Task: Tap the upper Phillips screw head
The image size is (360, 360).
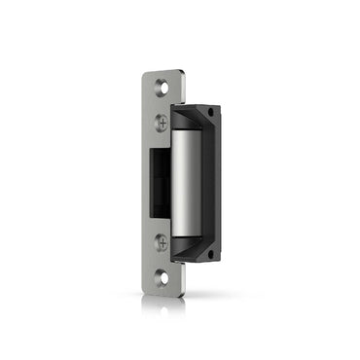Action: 162,122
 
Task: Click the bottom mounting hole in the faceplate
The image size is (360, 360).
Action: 162,277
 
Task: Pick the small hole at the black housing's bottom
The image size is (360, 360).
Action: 208,254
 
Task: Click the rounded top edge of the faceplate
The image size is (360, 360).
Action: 162,71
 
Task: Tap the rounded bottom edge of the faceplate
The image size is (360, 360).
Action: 162,292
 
